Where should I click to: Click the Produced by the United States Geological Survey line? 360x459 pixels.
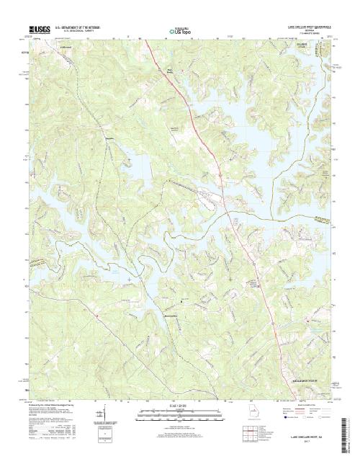coord(54,406)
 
